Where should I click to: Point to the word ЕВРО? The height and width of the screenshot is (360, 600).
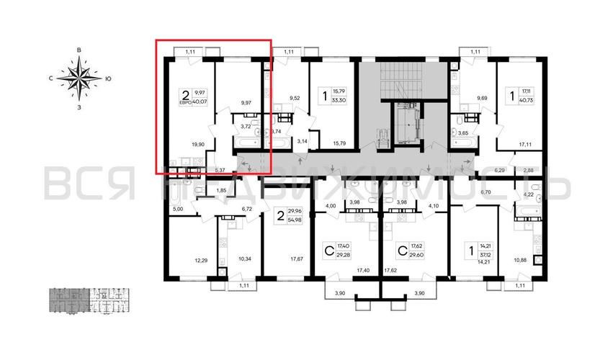[186, 102]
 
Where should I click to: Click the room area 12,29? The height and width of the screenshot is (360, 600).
[201, 258]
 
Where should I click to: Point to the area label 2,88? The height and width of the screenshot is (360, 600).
[528, 170]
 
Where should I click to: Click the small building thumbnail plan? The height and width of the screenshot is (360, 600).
[89, 300]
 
